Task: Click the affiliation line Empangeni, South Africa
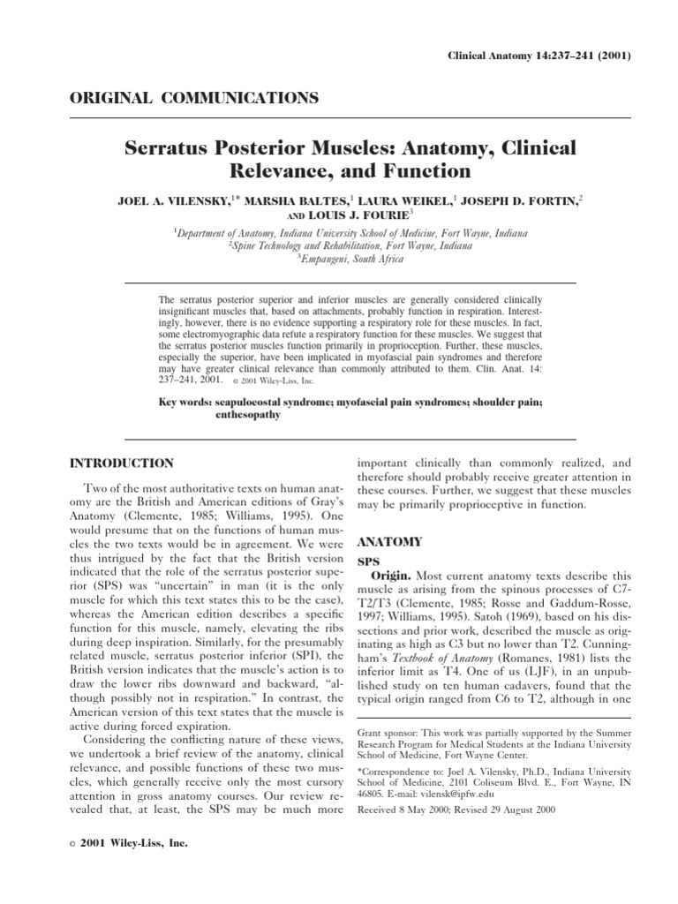(351, 260)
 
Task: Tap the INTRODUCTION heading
(122, 463)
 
